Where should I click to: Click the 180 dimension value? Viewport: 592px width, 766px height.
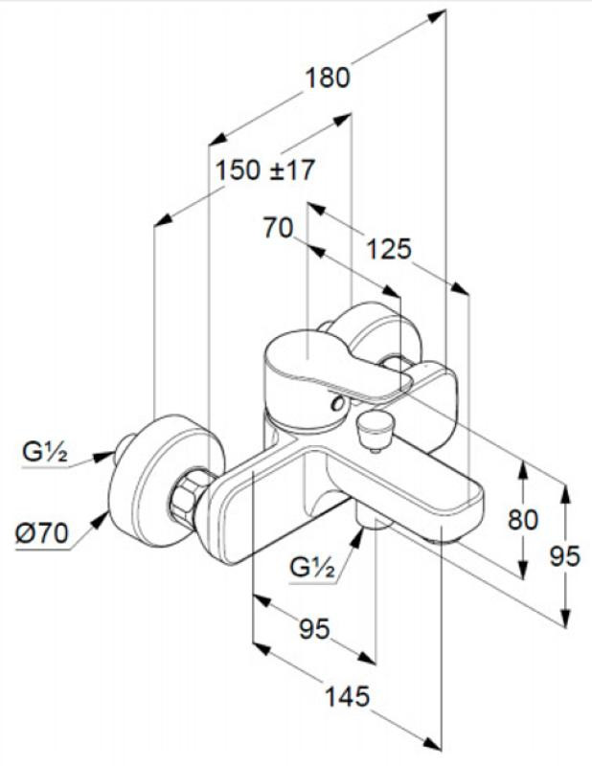[x=327, y=78]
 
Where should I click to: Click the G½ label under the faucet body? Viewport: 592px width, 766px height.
[x=312, y=569]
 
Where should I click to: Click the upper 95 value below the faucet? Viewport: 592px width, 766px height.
[x=315, y=629]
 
